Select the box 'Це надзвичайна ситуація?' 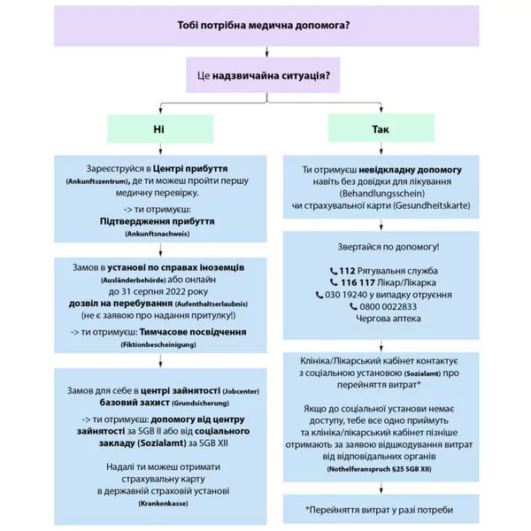tap(265, 75)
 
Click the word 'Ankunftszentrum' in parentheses tap(98, 181)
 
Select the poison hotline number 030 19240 tap(347, 295)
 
